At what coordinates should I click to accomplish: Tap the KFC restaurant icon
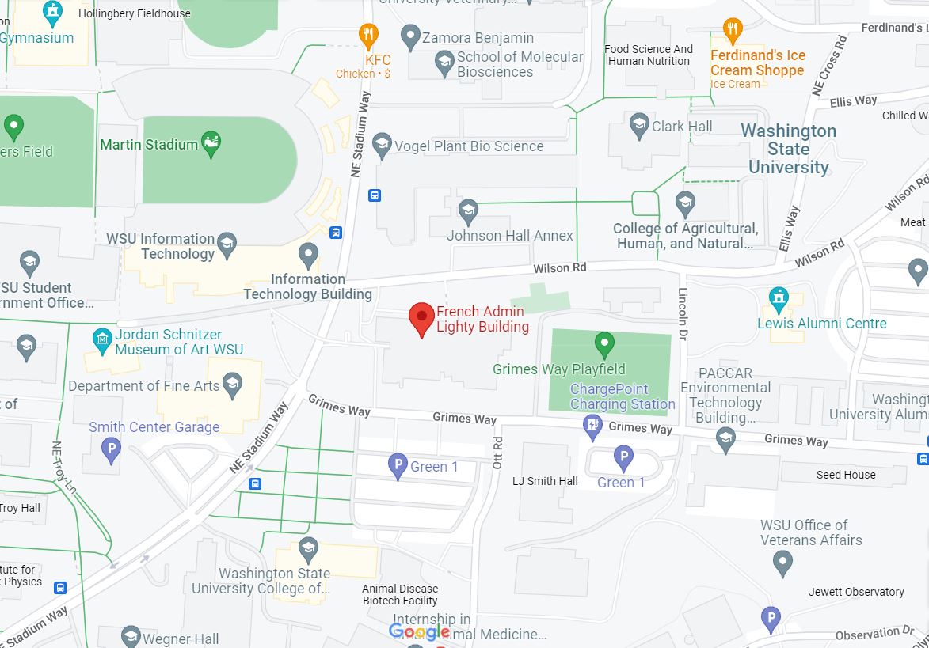coord(367,35)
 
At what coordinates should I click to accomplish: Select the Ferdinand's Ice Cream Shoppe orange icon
coord(733,30)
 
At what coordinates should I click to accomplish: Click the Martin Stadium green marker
coord(211,143)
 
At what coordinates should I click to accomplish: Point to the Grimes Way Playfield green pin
coord(604,344)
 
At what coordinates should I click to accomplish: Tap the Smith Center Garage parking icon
coord(112,451)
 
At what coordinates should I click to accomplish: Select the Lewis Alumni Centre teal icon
coord(779,298)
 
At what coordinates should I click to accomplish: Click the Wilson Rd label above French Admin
coord(559,268)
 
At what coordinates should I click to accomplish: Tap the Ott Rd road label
coord(497,453)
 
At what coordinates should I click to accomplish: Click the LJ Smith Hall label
coord(545,481)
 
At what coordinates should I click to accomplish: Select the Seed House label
coord(846,475)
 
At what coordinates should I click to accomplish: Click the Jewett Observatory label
coord(855,592)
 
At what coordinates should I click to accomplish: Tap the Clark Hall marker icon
coord(639,124)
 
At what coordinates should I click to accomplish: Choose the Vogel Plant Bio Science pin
coord(383,144)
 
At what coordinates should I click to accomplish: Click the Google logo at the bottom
coord(420,631)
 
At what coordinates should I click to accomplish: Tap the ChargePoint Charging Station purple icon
coord(592,426)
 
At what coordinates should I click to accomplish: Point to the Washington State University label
coord(788,149)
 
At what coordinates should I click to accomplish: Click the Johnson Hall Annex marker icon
coord(468,210)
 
